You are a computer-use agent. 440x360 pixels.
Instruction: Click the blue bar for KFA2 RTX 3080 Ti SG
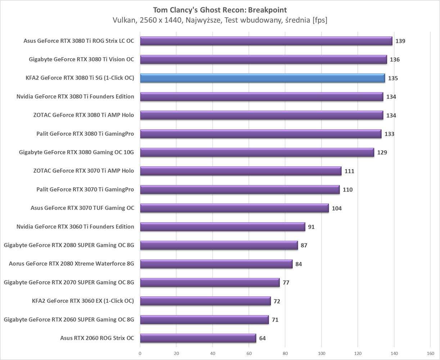point(262,78)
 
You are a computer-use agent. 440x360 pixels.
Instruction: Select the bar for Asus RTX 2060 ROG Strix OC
point(198,338)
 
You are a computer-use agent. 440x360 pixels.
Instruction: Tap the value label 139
point(400,41)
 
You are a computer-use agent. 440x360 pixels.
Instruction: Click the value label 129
point(382,153)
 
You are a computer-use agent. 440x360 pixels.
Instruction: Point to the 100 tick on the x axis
point(322,354)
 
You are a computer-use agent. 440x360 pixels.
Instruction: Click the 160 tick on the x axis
point(430,354)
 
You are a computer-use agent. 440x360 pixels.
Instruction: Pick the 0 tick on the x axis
point(140,354)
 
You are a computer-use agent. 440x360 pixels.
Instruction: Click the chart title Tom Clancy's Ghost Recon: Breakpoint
point(220,10)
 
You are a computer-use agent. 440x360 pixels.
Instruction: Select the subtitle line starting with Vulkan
point(220,21)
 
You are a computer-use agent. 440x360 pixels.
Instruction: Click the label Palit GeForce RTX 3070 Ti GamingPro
point(85,189)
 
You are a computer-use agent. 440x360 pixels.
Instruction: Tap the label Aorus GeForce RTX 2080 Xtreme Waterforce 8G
point(71,264)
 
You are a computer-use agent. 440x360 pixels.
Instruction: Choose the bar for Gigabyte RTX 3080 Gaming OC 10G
point(257,153)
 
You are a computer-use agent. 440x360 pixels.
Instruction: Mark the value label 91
point(311,227)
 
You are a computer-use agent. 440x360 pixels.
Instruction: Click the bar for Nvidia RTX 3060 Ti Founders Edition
point(223,227)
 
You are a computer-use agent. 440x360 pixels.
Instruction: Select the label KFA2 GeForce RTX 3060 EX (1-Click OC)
point(83,301)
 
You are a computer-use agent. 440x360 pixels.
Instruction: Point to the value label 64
point(262,338)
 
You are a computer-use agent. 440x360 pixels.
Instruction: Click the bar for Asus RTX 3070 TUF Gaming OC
point(234,208)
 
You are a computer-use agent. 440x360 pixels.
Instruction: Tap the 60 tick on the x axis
point(249,354)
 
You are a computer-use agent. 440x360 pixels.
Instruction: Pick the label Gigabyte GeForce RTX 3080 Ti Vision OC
point(81,59)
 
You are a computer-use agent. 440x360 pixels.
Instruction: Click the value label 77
point(286,283)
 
